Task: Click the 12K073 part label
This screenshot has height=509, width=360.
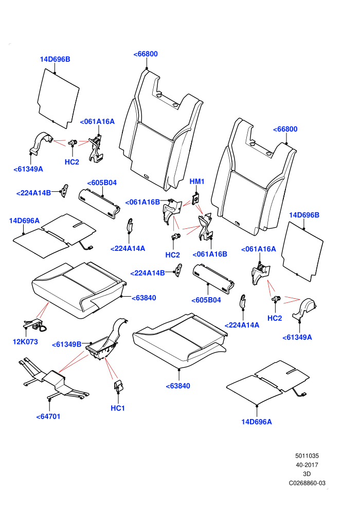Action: [x=25, y=341]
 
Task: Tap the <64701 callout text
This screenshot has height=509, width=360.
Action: [x=48, y=416]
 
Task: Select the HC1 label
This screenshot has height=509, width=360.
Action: [x=118, y=408]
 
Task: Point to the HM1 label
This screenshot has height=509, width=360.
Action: [x=197, y=181]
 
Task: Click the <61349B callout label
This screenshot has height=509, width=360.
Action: [x=66, y=344]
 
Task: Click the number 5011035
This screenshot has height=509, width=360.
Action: [x=307, y=456]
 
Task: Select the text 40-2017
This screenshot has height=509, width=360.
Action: [x=307, y=465]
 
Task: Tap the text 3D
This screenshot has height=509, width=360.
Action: [x=307, y=474]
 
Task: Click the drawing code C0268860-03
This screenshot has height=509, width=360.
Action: [x=307, y=483]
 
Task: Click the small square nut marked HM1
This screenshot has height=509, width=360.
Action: [x=196, y=198]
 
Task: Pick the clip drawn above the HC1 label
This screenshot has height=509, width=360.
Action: [x=118, y=385]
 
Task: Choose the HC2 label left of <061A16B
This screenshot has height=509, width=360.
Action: [x=172, y=255]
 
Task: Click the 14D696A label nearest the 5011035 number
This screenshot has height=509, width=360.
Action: [x=257, y=422]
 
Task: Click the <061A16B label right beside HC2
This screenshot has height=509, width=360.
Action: [x=210, y=254]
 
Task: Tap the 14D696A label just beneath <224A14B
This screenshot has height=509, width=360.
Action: [x=24, y=221]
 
